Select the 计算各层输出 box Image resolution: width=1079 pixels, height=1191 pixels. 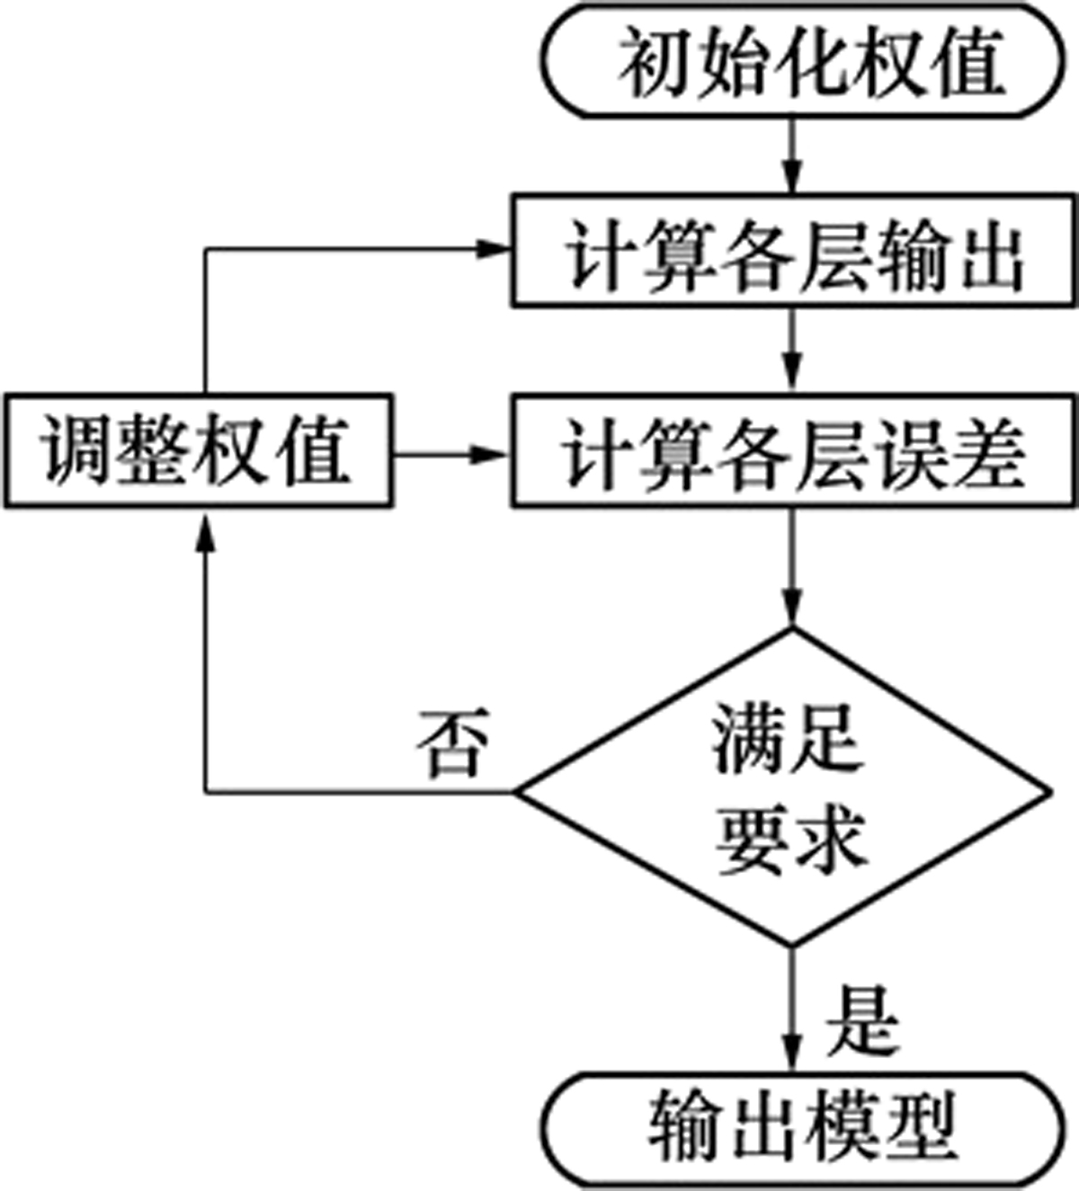(794, 251)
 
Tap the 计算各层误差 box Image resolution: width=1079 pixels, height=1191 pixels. (794, 450)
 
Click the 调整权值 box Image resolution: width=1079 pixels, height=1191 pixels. (197, 450)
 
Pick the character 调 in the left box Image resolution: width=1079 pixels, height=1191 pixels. (77, 450)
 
